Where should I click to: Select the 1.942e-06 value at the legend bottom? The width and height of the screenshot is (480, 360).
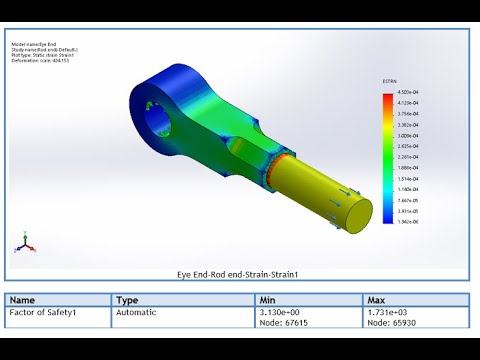pyautogui.click(x=405, y=223)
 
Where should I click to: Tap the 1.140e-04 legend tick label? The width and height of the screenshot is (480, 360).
pyautogui.click(x=405, y=189)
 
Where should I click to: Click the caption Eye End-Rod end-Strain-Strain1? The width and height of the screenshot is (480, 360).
pyautogui.click(x=239, y=273)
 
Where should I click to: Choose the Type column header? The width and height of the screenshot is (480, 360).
pyautogui.click(x=127, y=299)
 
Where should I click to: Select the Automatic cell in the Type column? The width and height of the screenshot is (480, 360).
pyautogui.click(x=136, y=313)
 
